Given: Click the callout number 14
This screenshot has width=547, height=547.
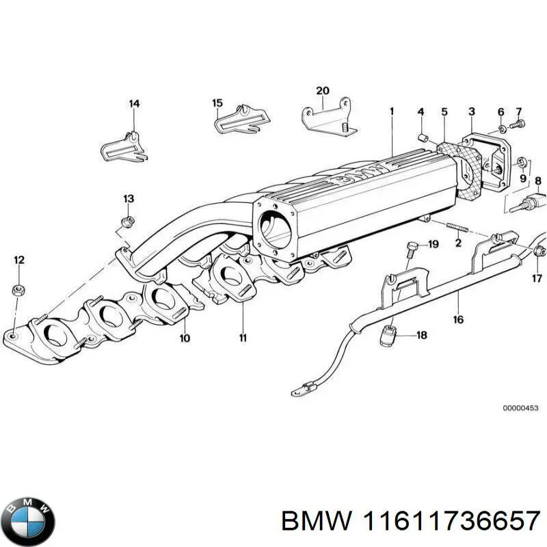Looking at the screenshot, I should point(134,104).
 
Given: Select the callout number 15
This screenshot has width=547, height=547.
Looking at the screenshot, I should point(217,103).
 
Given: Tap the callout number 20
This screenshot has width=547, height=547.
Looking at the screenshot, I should point(323,91).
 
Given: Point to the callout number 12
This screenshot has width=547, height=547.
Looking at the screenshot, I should point(19,260).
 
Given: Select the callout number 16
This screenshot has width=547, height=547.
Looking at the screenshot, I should point(458,319).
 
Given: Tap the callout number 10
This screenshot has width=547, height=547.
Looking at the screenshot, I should point(185,338).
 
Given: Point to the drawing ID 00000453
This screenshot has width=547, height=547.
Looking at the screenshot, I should point(520,408).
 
